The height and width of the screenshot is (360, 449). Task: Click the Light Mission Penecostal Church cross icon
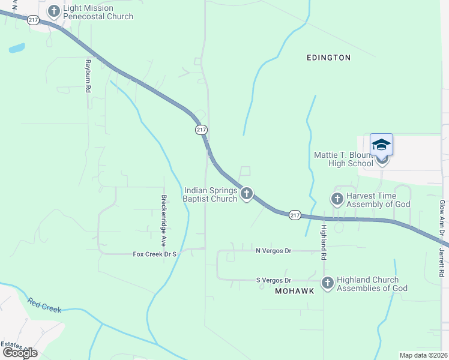coord(54,11)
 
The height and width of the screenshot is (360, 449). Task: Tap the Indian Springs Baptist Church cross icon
coord(246,194)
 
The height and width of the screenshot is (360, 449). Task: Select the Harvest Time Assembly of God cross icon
coord(337,199)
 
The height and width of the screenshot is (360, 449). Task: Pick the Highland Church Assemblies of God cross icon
coord(327,283)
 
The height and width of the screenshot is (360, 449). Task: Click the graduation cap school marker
coord(381,146)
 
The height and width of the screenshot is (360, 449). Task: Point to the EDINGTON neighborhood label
coord(328,58)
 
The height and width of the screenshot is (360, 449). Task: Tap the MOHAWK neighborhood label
coord(295,290)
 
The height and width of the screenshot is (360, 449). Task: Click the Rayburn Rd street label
coord(88,76)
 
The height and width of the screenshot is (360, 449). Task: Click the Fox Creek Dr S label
coord(154,254)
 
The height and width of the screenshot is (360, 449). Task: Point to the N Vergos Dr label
coord(273,251)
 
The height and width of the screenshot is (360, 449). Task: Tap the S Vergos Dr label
coord(273,280)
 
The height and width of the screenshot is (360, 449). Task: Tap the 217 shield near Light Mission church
coord(33,20)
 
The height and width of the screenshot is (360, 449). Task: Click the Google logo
coord(20,352)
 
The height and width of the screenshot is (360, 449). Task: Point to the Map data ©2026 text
coord(423,355)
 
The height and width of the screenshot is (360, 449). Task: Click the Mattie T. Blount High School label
coord(345,159)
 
